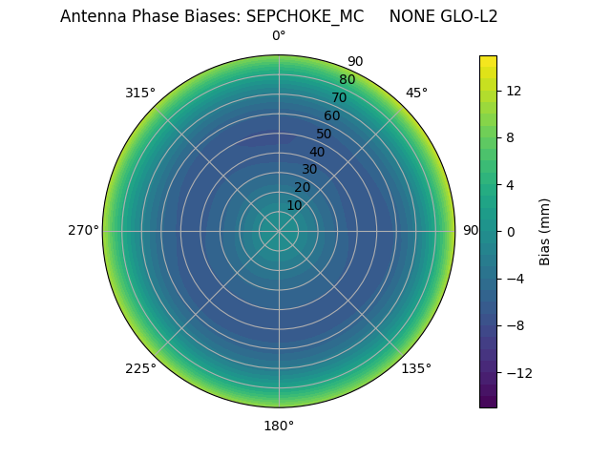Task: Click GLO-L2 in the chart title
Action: tap(467, 16)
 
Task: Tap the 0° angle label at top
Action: tap(279, 36)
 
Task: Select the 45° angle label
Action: tap(416, 93)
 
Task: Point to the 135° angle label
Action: tap(416, 368)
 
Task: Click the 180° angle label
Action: tap(279, 426)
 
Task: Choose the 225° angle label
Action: tap(140, 368)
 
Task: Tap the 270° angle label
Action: tap(83, 231)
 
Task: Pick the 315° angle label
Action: tap(140, 93)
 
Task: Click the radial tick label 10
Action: tap(294, 205)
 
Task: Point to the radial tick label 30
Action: tap(309, 170)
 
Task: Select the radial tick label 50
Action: tap(325, 134)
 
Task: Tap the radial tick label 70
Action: tap(340, 97)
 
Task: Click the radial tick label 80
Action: tap(348, 79)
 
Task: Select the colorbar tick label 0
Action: tap(510, 232)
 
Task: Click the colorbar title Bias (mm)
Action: tap(545, 232)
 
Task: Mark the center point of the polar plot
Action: tap(279, 231)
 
